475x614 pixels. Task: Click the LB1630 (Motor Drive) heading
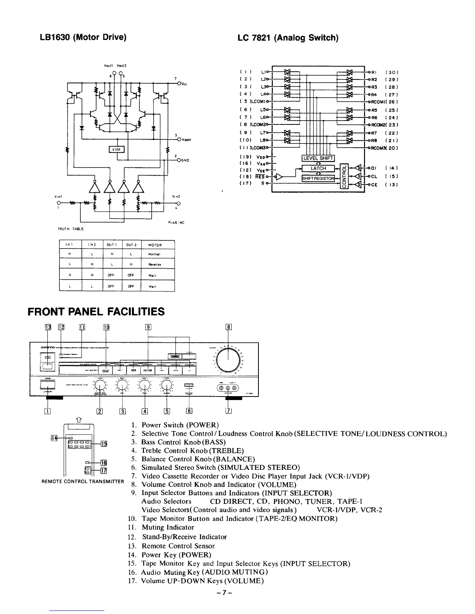coord(83,38)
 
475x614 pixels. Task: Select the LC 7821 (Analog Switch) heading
coord(288,38)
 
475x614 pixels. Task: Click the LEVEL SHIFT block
coord(318,158)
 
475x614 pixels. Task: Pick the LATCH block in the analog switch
coord(318,168)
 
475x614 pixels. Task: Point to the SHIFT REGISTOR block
coord(318,178)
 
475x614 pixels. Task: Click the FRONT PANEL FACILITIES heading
coord(96,312)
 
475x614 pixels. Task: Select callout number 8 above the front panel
coord(229,327)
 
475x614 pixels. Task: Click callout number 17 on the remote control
coord(104,471)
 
